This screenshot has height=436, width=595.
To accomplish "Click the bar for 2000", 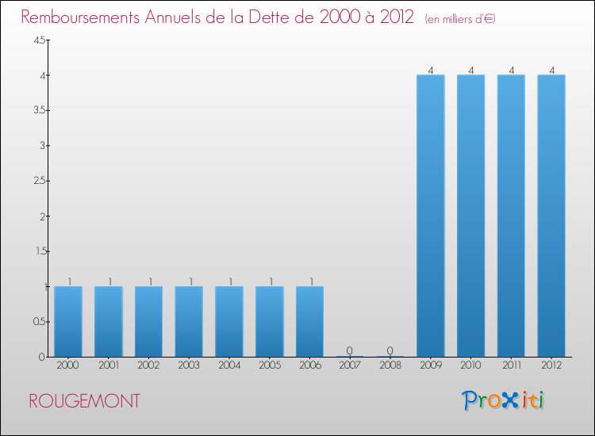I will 68,321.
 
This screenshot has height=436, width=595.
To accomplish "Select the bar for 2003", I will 189,321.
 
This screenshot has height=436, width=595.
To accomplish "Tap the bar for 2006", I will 309,321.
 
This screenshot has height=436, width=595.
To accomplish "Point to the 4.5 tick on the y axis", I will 39,40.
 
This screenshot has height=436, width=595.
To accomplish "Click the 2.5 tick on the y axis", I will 39,181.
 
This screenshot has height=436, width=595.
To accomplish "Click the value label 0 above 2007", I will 350,350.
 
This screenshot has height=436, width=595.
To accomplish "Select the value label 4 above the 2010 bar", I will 470,70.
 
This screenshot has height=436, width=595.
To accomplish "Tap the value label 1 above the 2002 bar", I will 149,281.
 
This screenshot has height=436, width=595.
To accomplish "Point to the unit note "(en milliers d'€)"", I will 460,19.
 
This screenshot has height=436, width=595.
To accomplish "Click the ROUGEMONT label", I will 84,401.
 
